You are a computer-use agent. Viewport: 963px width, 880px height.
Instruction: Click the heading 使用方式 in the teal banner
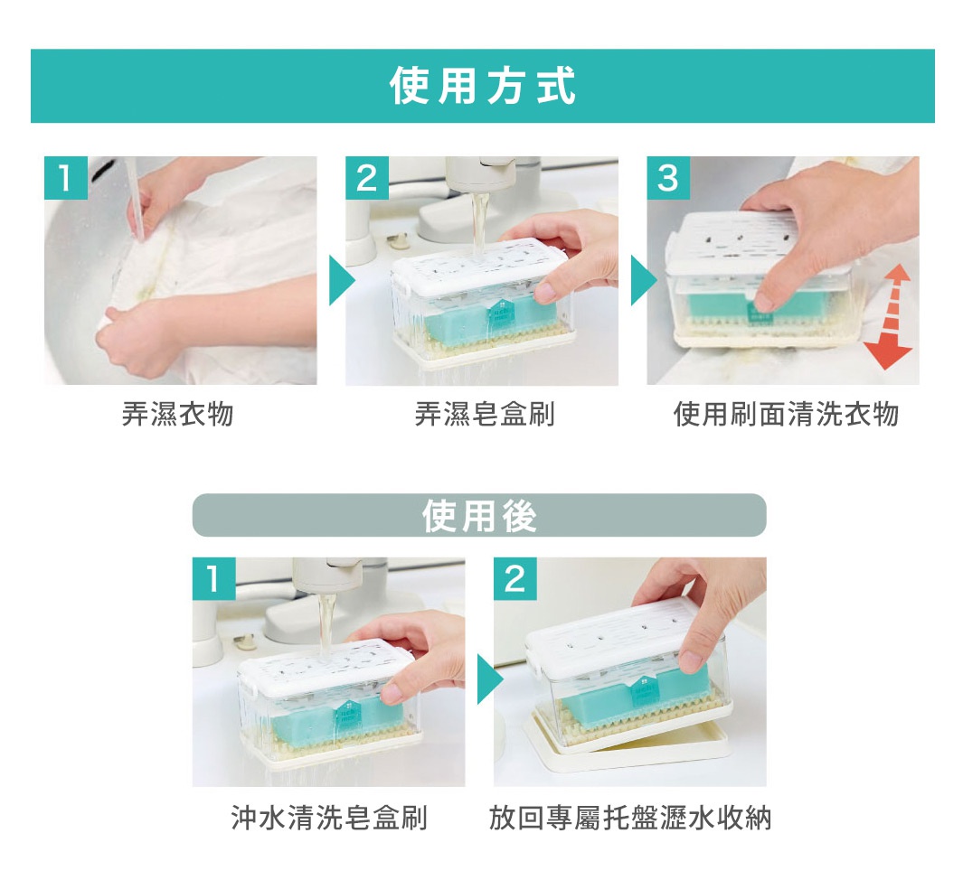(x=482, y=87)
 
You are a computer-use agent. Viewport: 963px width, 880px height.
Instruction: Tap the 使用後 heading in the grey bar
(x=479, y=515)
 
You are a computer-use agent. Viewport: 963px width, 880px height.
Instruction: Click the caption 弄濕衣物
(x=177, y=414)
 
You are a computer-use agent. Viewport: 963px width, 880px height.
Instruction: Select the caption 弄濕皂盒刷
(x=484, y=414)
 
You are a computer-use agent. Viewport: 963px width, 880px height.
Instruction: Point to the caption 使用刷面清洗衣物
(x=786, y=414)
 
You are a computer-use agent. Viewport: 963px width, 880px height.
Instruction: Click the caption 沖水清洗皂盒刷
(x=328, y=819)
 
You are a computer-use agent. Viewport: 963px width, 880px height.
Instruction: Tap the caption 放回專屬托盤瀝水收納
(x=630, y=819)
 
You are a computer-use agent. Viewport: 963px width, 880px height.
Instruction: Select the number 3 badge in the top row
(x=667, y=178)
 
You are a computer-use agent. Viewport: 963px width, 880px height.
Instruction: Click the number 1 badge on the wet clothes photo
(x=65, y=178)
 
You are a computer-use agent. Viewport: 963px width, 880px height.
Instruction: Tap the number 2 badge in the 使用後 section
(x=515, y=579)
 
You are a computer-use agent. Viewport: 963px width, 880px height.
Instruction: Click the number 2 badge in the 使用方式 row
(x=366, y=178)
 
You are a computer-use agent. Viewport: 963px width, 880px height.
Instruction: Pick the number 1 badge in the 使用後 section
(x=213, y=579)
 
